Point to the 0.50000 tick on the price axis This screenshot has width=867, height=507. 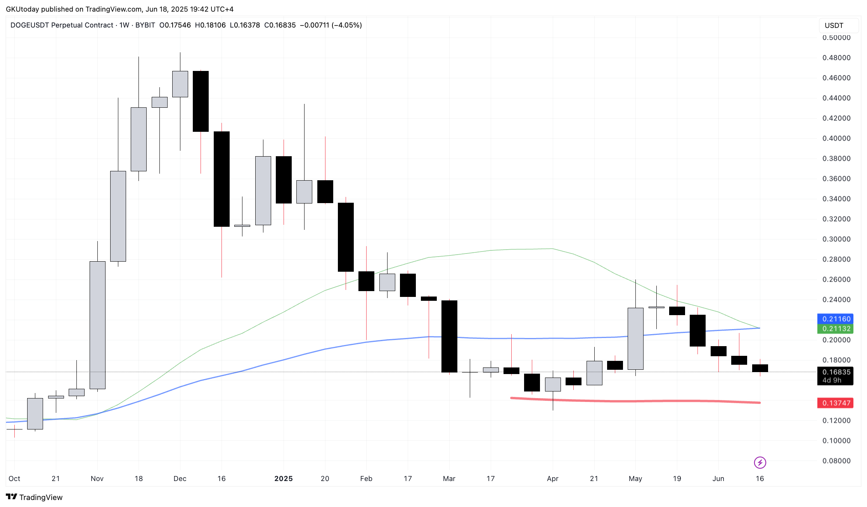836,38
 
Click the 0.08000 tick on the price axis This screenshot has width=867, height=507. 836,461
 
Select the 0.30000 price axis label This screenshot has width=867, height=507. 836,239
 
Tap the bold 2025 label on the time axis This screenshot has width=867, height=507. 284,479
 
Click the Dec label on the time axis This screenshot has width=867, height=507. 180,479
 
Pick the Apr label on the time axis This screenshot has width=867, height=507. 552,479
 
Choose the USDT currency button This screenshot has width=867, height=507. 834,26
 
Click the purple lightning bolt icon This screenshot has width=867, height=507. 760,462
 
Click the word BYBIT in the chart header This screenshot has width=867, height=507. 145,25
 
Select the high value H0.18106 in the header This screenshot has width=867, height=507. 210,25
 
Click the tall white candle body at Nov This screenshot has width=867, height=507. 97,325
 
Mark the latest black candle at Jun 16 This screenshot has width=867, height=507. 760,368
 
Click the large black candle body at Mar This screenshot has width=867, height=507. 449,336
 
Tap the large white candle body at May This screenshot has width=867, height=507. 635,338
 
